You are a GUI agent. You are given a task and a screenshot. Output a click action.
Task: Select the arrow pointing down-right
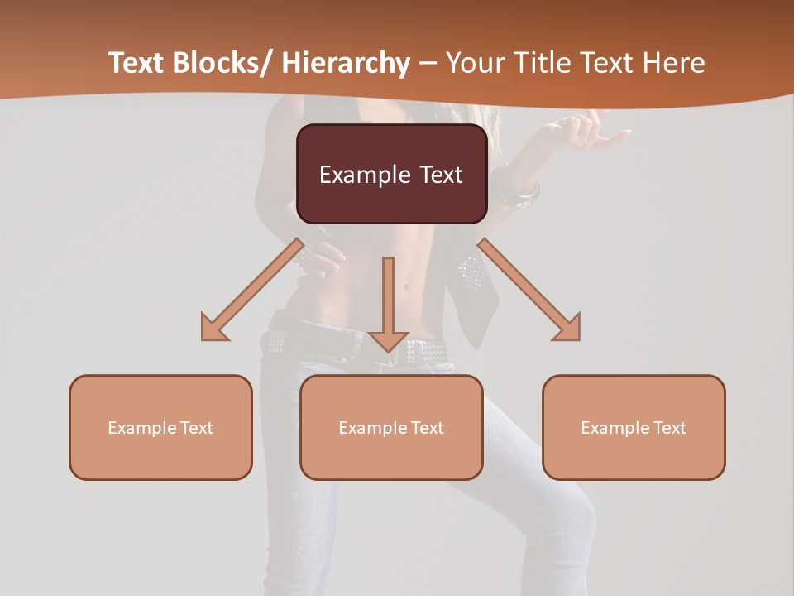point(529,290)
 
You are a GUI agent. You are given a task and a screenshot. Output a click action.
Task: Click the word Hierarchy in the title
point(346,63)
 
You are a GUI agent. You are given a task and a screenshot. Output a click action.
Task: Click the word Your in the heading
point(473,63)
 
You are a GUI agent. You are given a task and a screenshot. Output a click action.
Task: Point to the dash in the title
point(427,64)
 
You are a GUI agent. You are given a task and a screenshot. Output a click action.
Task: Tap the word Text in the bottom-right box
point(669,428)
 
